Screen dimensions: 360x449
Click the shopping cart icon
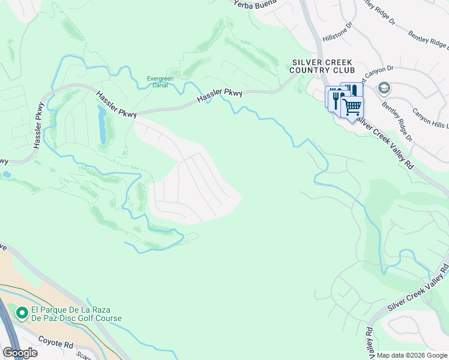pyautogui.click(x=352, y=107)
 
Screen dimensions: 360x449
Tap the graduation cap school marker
pyautogui.click(x=382, y=89)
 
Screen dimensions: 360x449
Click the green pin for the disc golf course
pyautogui.click(x=22, y=313)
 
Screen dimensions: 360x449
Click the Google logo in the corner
pyautogui.click(x=20, y=353)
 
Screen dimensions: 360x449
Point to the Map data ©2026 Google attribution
pyautogui.click(x=412, y=355)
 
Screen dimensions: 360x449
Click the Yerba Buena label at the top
pyautogui.click(x=255, y=3)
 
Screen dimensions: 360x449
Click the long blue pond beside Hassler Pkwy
pyautogui.click(x=102, y=125)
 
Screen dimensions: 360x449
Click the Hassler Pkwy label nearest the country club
pyautogui.click(x=220, y=95)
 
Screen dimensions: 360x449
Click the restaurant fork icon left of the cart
pyautogui.click(x=334, y=98)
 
